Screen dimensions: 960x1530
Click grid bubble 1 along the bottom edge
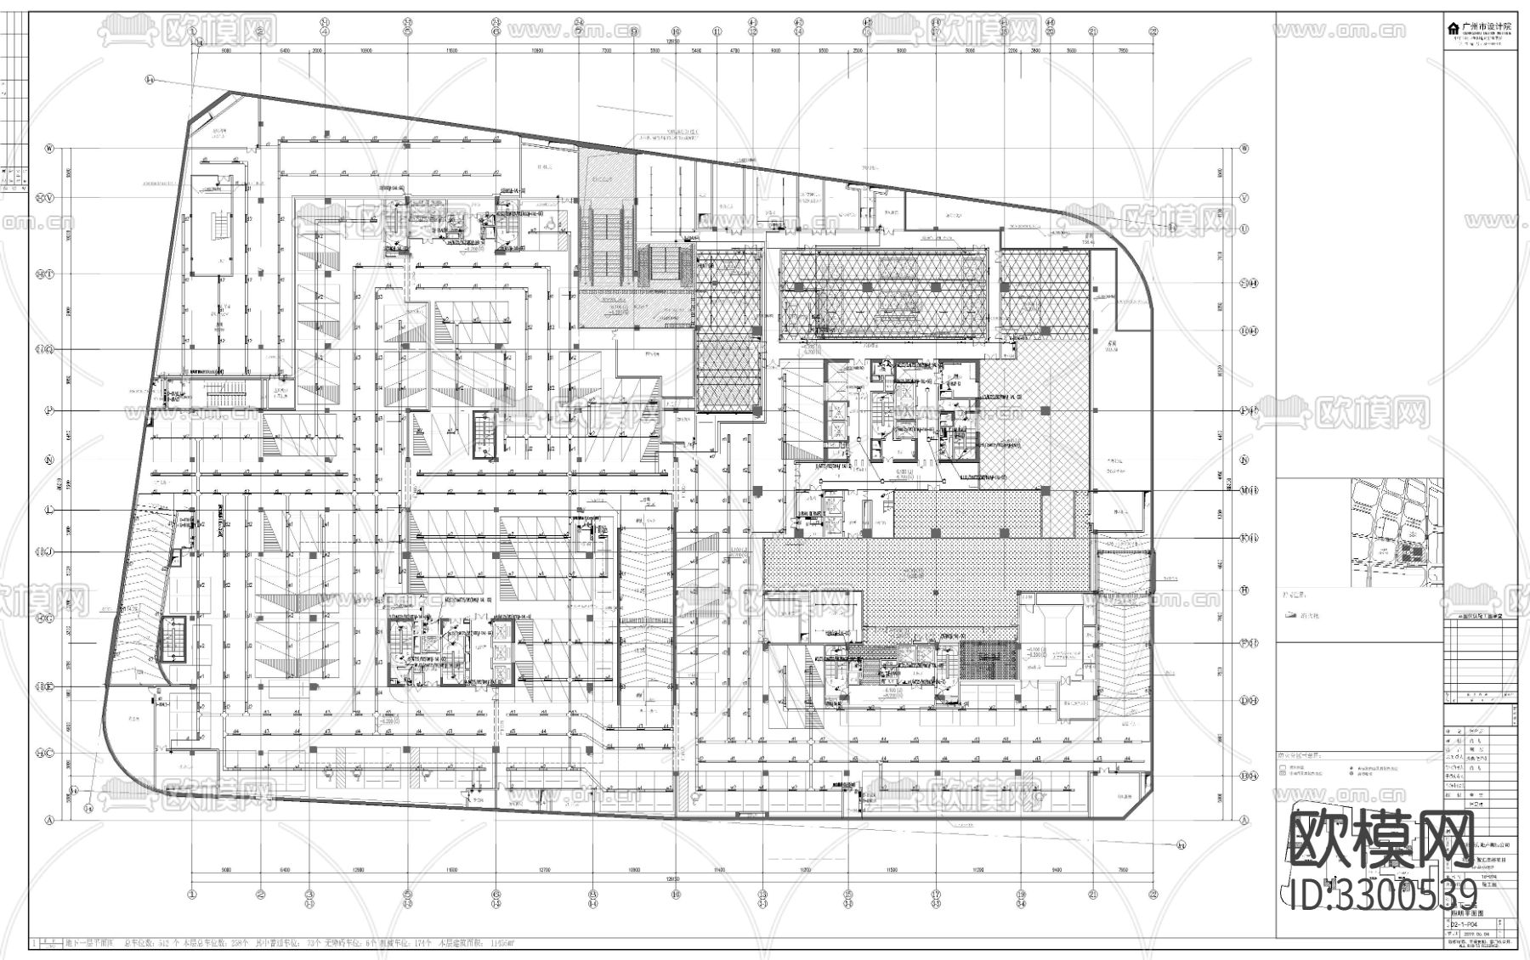(x=192, y=894)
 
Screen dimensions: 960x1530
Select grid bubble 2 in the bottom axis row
(x=261, y=894)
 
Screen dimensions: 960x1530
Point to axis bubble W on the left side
(x=49, y=148)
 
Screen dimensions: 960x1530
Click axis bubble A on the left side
(x=49, y=821)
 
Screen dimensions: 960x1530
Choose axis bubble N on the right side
(x=1244, y=460)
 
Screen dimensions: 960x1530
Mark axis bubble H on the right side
(x=1244, y=590)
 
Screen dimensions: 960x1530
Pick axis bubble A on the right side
(x=1244, y=821)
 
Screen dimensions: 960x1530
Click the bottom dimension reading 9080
(x=226, y=871)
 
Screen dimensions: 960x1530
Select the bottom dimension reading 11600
(x=450, y=871)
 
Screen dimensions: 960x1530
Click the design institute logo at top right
(x=1484, y=29)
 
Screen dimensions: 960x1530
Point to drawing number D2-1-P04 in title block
(x=1463, y=922)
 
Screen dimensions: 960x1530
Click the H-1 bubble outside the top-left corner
(x=149, y=80)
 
